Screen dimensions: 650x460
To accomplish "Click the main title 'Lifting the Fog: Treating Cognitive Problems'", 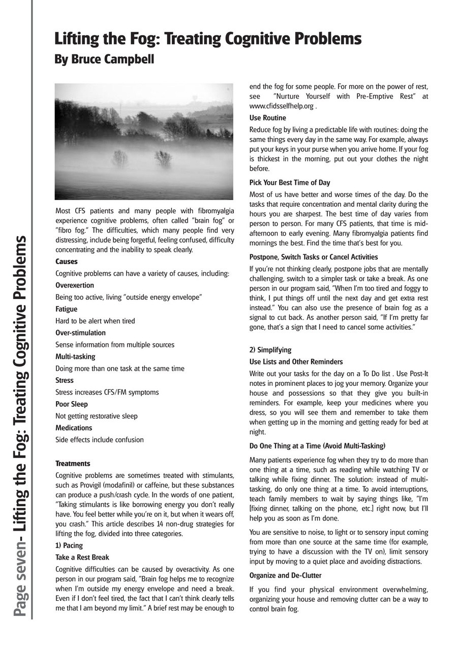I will [x=208, y=39].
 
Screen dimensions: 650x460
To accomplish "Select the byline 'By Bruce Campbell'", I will [x=104, y=59].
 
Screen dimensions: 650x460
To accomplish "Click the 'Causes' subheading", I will [x=67, y=262].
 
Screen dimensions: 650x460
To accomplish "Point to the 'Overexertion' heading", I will [x=74, y=285].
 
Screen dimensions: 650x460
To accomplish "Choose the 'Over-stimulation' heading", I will [x=80, y=333].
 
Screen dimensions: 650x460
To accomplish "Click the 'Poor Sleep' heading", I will [x=72, y=404].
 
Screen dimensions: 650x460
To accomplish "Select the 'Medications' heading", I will [x=74, y=428].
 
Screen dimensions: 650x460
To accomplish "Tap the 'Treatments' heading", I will [x=73, y=464].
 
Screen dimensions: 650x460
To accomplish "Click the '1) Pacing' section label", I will [x=69, y=545].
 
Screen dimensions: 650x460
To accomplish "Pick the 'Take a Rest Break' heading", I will [x=82, y=557].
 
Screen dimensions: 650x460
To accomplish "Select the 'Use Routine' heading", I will [x=267, y=118].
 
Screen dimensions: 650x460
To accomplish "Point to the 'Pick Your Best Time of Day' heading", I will [x=290, y=182].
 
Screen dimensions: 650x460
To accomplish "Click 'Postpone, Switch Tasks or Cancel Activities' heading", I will [x=314, y=257].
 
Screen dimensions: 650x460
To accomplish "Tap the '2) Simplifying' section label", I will [x=270, y=350].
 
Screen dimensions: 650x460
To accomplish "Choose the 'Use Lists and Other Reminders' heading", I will [x=296, y=362].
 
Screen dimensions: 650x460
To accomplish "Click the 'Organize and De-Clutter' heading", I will [x=285, y=575].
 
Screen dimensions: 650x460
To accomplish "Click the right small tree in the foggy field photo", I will [x=163, y=158].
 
